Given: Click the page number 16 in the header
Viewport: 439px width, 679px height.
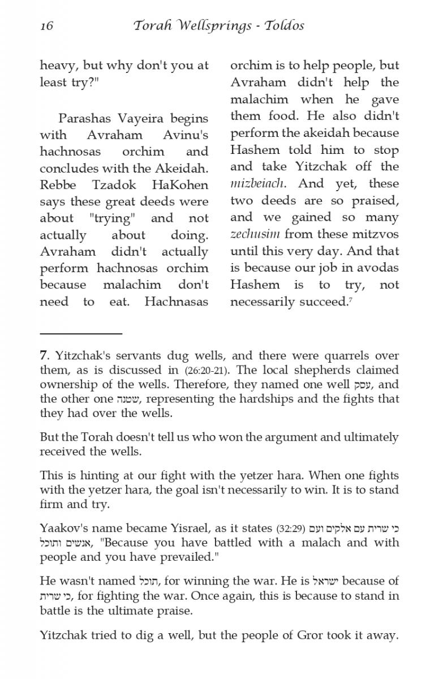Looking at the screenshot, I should tap(46, 26).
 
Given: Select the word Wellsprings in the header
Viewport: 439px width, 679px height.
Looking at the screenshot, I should tap(207, 26).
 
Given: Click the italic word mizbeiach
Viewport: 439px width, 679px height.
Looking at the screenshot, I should tap(258, 184).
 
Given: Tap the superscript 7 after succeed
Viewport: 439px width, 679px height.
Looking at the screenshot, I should tap(351, 299).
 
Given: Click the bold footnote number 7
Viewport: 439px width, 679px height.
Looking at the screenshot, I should tap(43, 356).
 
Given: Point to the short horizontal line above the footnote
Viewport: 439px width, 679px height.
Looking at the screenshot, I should tap(81, 334).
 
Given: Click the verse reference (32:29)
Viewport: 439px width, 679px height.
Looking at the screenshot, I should tap(291, 529).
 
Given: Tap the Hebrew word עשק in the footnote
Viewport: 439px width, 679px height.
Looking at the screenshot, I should tap(361, 385).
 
